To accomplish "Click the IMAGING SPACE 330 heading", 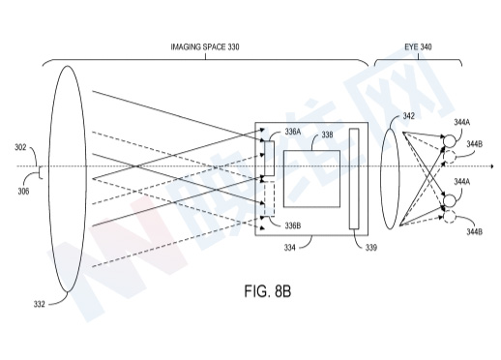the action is point(205,47).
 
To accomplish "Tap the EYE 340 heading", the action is point(418,47).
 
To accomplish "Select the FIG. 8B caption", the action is point(268,291).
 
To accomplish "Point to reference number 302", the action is point(20,147).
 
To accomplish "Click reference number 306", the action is point(23,192).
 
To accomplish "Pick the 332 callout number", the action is point(39,304).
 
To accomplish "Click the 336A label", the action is point(293,132).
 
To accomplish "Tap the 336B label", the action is point(293,225).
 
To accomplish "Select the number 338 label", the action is point(327,135).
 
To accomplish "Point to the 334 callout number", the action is point(289,248).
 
